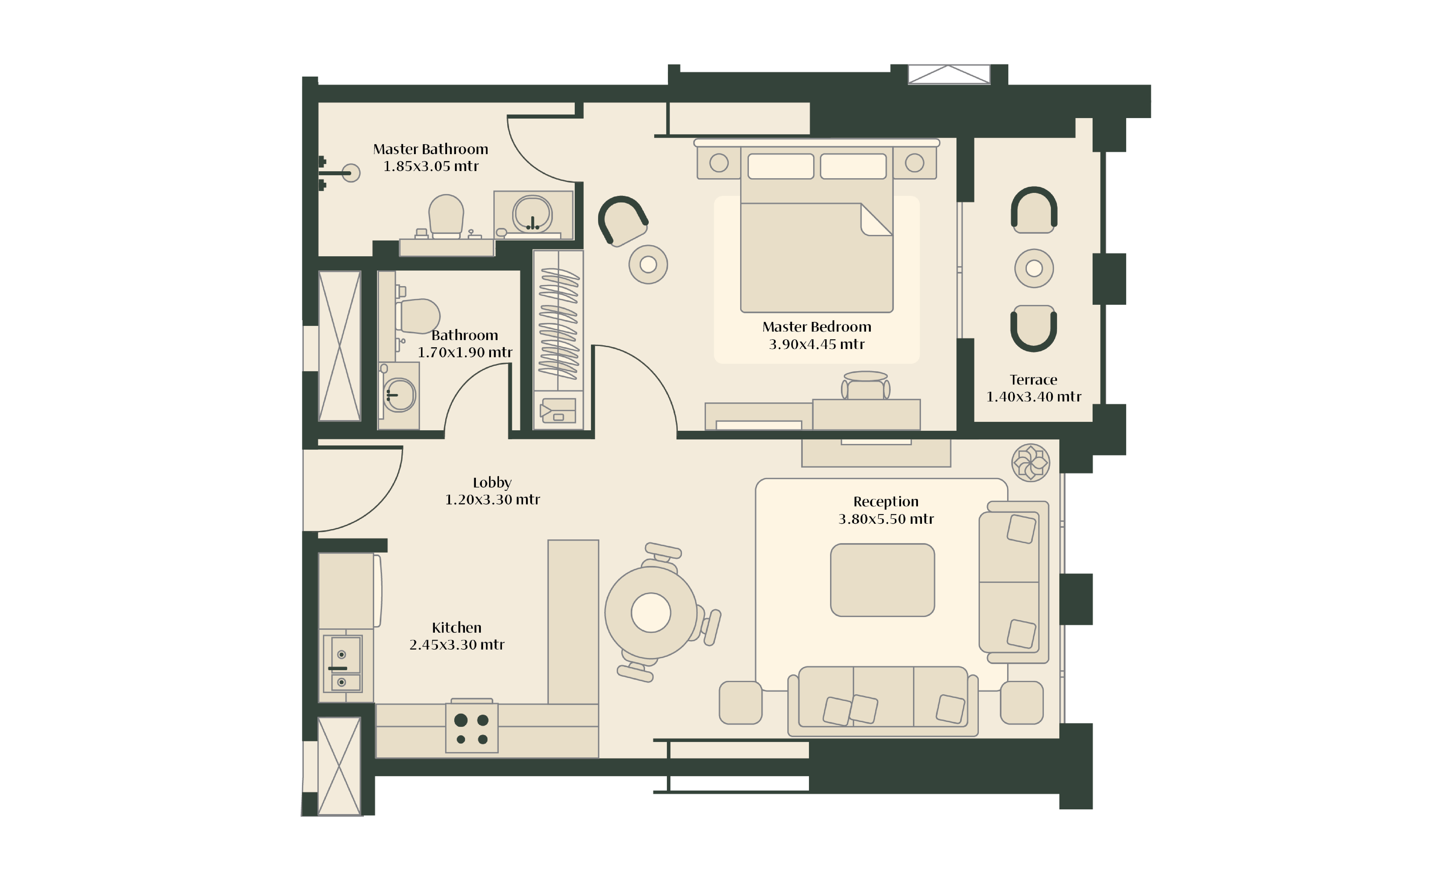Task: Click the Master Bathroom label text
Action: (430, 149)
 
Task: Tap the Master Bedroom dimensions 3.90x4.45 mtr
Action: (817, 344)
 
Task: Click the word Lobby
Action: (492, 482)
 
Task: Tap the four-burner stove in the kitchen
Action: (472, 728)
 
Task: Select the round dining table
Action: (651, 612)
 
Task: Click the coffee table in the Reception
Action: (882, 580)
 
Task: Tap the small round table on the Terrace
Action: (1034, 268)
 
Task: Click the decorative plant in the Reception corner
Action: (1030, 463)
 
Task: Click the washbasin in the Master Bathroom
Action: (532, 214)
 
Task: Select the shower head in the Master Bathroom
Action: (351, 173)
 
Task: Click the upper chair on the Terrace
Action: (1034, 210)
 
